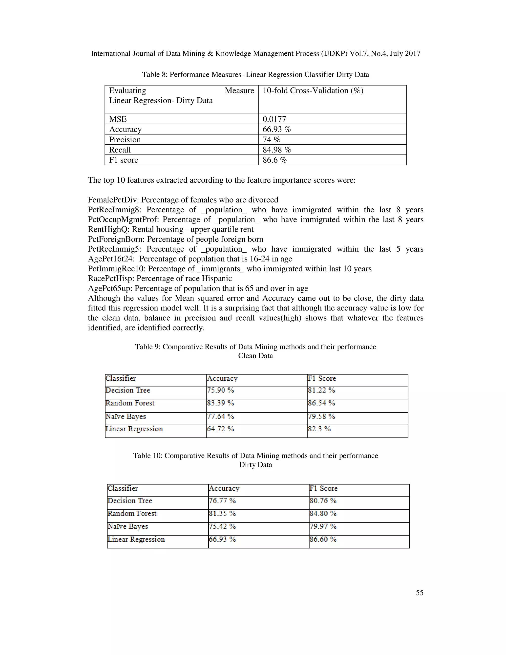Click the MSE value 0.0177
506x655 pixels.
(274, 119)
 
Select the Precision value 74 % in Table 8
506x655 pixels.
(271, 139)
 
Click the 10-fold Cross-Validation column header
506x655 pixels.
(313, 90)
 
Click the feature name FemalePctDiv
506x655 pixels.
(113, 200)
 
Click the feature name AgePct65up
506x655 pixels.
(110, 288)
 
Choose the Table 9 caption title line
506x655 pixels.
(255, 347)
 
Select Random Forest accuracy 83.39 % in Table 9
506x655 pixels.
(220, 403)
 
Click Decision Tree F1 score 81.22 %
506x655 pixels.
(321, 390)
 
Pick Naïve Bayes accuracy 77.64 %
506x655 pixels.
(220, 416)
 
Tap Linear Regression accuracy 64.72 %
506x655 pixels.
(220, 429)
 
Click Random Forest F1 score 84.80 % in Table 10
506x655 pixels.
(323, 513)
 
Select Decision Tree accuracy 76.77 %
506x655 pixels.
(222, 501)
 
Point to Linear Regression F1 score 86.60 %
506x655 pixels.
(323, 539)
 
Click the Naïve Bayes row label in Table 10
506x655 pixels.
(128, 526)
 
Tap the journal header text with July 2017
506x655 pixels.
(255, 53)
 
